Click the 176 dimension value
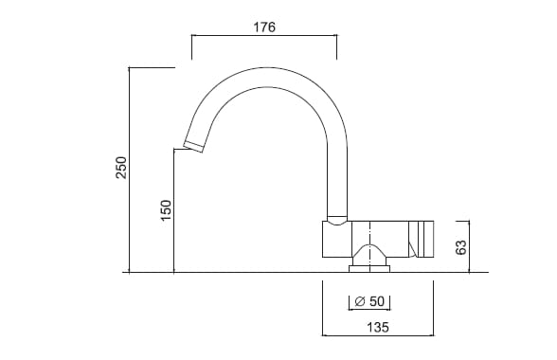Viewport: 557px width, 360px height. click(x=264, y=27)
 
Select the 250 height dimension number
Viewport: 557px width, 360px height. click(x=121, y=168)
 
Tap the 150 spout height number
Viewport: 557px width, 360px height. click(x=166, y=209)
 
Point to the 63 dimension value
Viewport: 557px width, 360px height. click(x=460, y=247)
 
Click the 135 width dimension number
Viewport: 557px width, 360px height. click(x=378, y=327)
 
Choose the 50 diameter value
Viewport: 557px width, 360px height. click(x=377, y=301)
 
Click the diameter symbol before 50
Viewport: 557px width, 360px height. click(x=360, y=301)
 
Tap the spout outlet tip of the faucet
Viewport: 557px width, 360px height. click(x=193, y=147)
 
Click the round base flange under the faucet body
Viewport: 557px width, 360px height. click(x=369, y=269)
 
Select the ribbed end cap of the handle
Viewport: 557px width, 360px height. click(x=421, y=239)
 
